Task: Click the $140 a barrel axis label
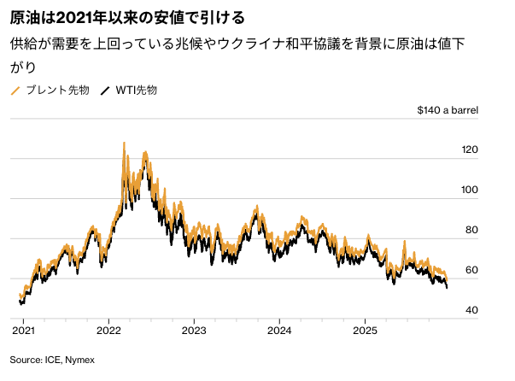click(x=448, y=110)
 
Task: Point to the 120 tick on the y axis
click(x=470, y=150)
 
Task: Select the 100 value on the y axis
click(x=470, y=190)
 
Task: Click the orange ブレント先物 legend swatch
click(x=15, y=90)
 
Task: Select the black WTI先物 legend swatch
click(x=106, y=90)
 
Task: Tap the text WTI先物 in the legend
click(x=136, y=90)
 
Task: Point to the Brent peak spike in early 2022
click(x=124, y=144)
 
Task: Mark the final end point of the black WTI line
click(x=447, y=287)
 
